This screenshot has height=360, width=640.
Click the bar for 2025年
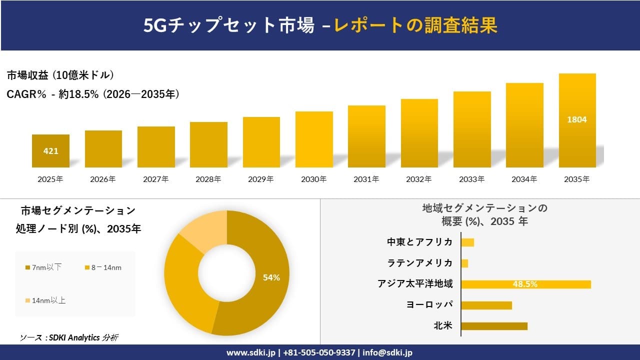(50, 150)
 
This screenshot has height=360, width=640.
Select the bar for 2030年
(314, 139)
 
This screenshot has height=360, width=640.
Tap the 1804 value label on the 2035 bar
(577, 120)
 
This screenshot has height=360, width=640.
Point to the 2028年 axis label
(208, 179)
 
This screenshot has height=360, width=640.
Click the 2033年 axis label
(472, 179)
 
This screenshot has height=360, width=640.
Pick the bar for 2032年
(419, 133)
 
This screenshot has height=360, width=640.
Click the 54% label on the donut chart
(271, 278)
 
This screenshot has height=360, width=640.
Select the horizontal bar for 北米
(494, 326)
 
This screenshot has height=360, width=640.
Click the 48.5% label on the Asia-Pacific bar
(525, 284)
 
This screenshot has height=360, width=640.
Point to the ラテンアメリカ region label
(420, 263)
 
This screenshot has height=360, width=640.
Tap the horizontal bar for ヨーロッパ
(486, 305)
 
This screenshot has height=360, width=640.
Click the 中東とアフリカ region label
(420, 242)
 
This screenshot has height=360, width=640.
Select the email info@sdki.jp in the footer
(387, 352)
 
